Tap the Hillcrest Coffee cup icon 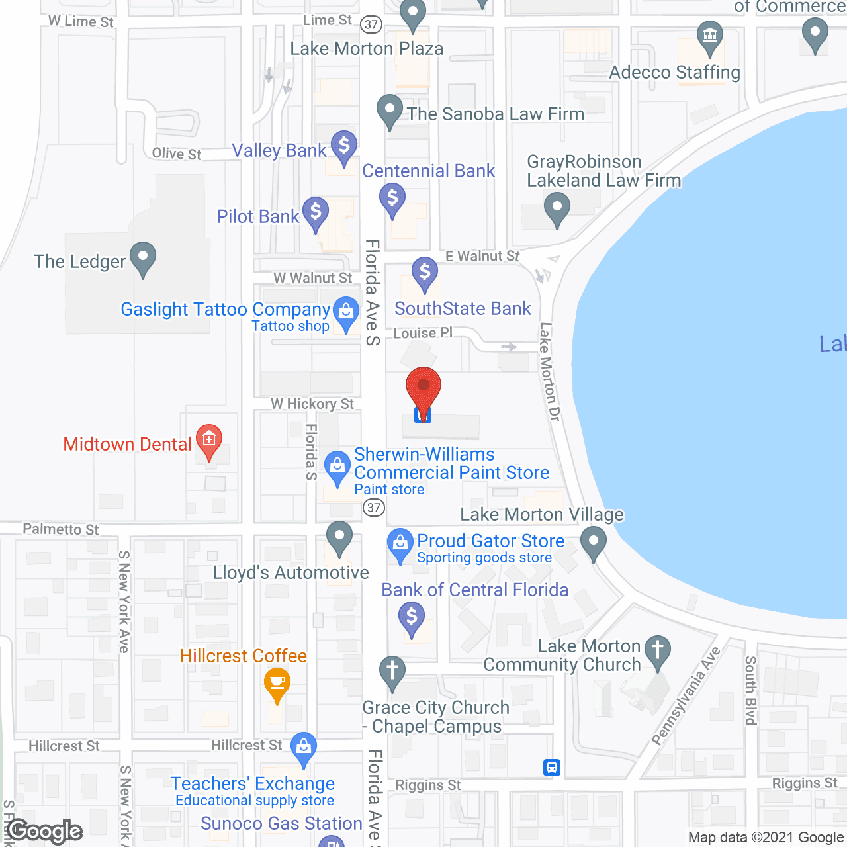277,683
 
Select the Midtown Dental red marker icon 209,440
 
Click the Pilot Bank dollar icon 316,213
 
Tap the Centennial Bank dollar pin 392,199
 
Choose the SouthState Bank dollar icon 425,273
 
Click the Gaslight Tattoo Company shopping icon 345,312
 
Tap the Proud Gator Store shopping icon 400,544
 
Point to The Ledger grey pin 143,257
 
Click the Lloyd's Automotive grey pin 339,537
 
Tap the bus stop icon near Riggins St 552,768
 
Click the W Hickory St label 312,404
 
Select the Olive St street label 176,154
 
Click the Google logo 45,831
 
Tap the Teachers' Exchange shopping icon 304,748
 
